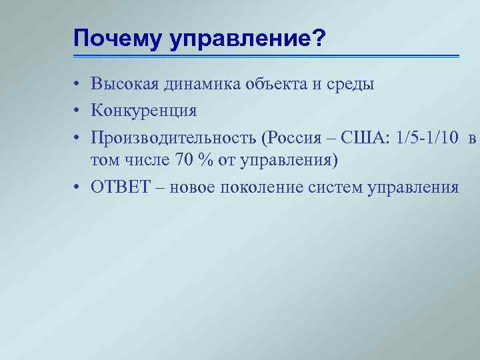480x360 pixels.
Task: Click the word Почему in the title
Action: (x=117, y=39)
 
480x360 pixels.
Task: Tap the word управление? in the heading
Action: (x=246, y=39)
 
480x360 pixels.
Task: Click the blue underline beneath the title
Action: (x=267, y=56)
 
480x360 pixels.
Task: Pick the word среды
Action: (x=351, y=84)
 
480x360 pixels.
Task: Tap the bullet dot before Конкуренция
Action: (x=78, y=109)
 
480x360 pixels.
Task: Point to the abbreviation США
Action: (x=365, y=138)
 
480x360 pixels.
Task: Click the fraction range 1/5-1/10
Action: (x=427, y=138)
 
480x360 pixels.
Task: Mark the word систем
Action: (x=335, y=187)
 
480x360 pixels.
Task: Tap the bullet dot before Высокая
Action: (x=78, y=85)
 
